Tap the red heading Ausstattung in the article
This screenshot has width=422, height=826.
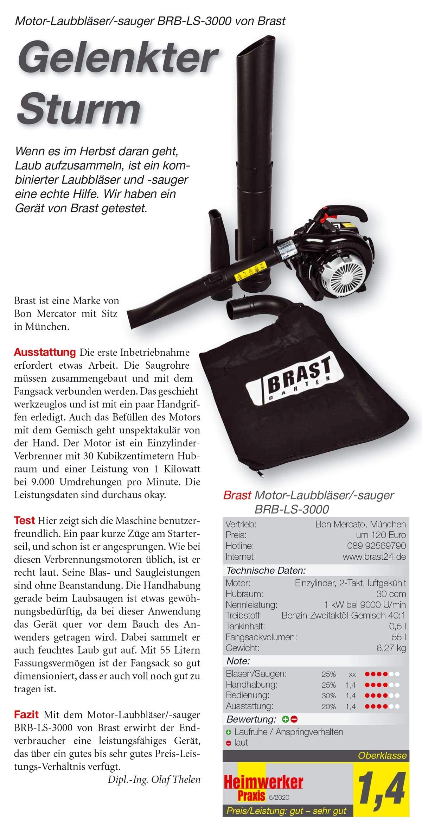(x=45, y=352)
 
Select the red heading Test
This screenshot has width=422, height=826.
(x=24, y=520)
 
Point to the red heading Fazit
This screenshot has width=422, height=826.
(x=26, y=714)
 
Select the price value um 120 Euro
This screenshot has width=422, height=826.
(x=381, y=535)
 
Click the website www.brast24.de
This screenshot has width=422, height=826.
(x=374, y=557)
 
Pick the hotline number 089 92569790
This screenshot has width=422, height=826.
(x=376, y=546)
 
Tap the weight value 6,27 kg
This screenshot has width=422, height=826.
(x=391, y=648)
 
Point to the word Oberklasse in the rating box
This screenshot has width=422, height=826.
(x=382, y=755)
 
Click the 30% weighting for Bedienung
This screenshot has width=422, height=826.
(x=328, y=695)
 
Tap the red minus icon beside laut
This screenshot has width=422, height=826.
(x=229, y=743)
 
